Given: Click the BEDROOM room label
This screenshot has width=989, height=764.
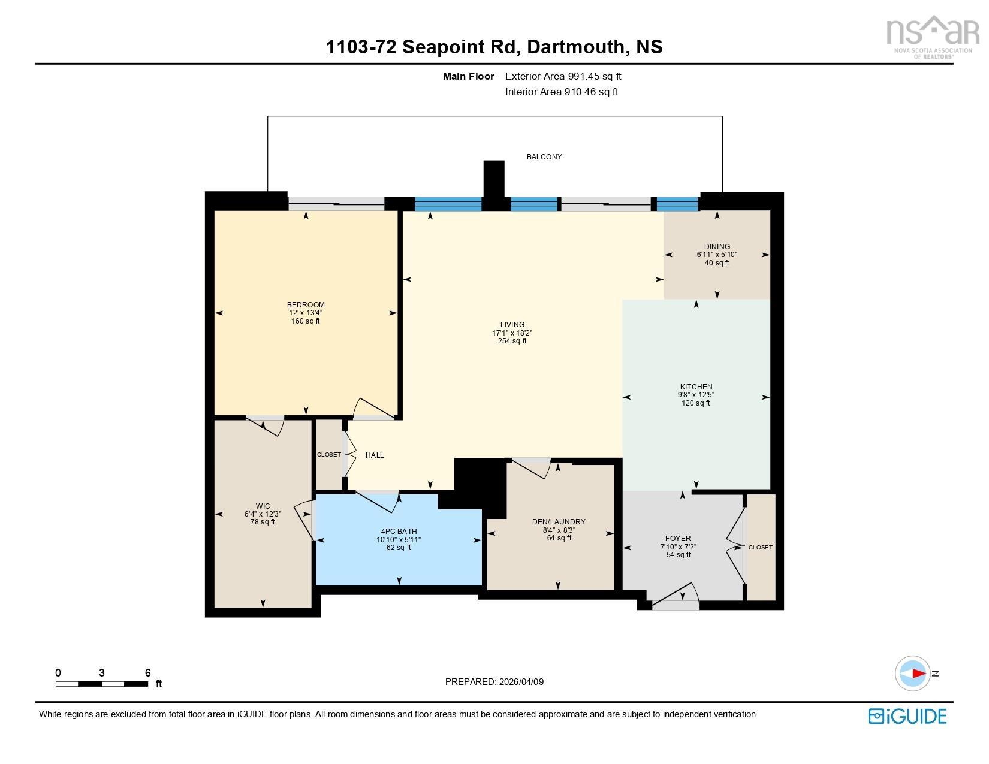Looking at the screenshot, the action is point(306,304).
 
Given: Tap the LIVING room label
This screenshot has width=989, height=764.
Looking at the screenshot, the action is point(512,324).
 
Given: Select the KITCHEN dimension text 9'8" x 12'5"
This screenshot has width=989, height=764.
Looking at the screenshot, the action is point(696,395).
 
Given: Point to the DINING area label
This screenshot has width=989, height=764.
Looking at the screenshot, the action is point(717,247).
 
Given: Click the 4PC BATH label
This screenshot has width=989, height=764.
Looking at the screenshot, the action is point(399,531).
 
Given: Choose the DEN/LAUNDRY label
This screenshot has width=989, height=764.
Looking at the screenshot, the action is point(559,521).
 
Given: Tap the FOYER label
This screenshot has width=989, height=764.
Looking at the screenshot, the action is point(678,538).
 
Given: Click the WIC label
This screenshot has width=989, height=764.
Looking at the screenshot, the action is point(263,506).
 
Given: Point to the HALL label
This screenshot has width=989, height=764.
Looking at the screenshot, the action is point(375,455).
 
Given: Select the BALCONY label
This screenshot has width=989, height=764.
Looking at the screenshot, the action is point(544,156).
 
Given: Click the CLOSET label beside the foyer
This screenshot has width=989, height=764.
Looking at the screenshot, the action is point(761,548).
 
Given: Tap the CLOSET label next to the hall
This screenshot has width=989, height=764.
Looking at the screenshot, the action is point(329,455).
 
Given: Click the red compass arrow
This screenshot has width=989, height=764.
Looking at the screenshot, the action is point(919,673).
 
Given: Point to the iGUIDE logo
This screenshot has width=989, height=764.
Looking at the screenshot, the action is point(907,716).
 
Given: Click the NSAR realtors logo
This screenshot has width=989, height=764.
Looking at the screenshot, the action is point(933,37).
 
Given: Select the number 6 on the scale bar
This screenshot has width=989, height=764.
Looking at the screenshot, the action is point(148,672).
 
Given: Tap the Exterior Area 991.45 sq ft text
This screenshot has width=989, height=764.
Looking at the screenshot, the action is point(563,77).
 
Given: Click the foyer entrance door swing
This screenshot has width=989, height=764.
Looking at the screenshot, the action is point(676,595).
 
